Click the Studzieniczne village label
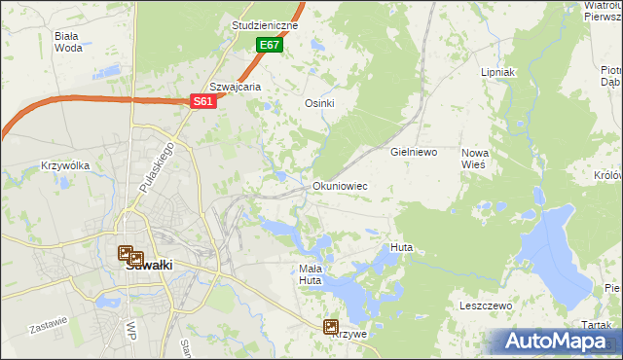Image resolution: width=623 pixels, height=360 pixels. click(x=266, y=25)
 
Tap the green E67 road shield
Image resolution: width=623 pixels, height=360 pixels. click(x=270, y=46)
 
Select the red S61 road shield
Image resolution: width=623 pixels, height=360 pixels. click(x=202, y=101)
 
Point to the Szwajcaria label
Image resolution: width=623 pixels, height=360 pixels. click(x=236, y=87)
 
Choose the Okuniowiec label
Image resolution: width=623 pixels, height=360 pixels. click(x=339, y=185)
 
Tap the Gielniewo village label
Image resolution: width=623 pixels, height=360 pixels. click(x=414, y=153)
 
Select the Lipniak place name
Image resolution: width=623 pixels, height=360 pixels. click(x=497, y=73)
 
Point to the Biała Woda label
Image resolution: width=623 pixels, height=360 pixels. click(x=68, y=41)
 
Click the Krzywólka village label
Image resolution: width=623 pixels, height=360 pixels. click(x=66, y=165)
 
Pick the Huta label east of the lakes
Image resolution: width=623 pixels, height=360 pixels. click(x=401, y=248)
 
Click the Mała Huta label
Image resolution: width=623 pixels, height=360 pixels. click(x=310, y=274)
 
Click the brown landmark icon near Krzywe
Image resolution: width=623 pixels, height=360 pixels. click(x=331, y=328)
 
